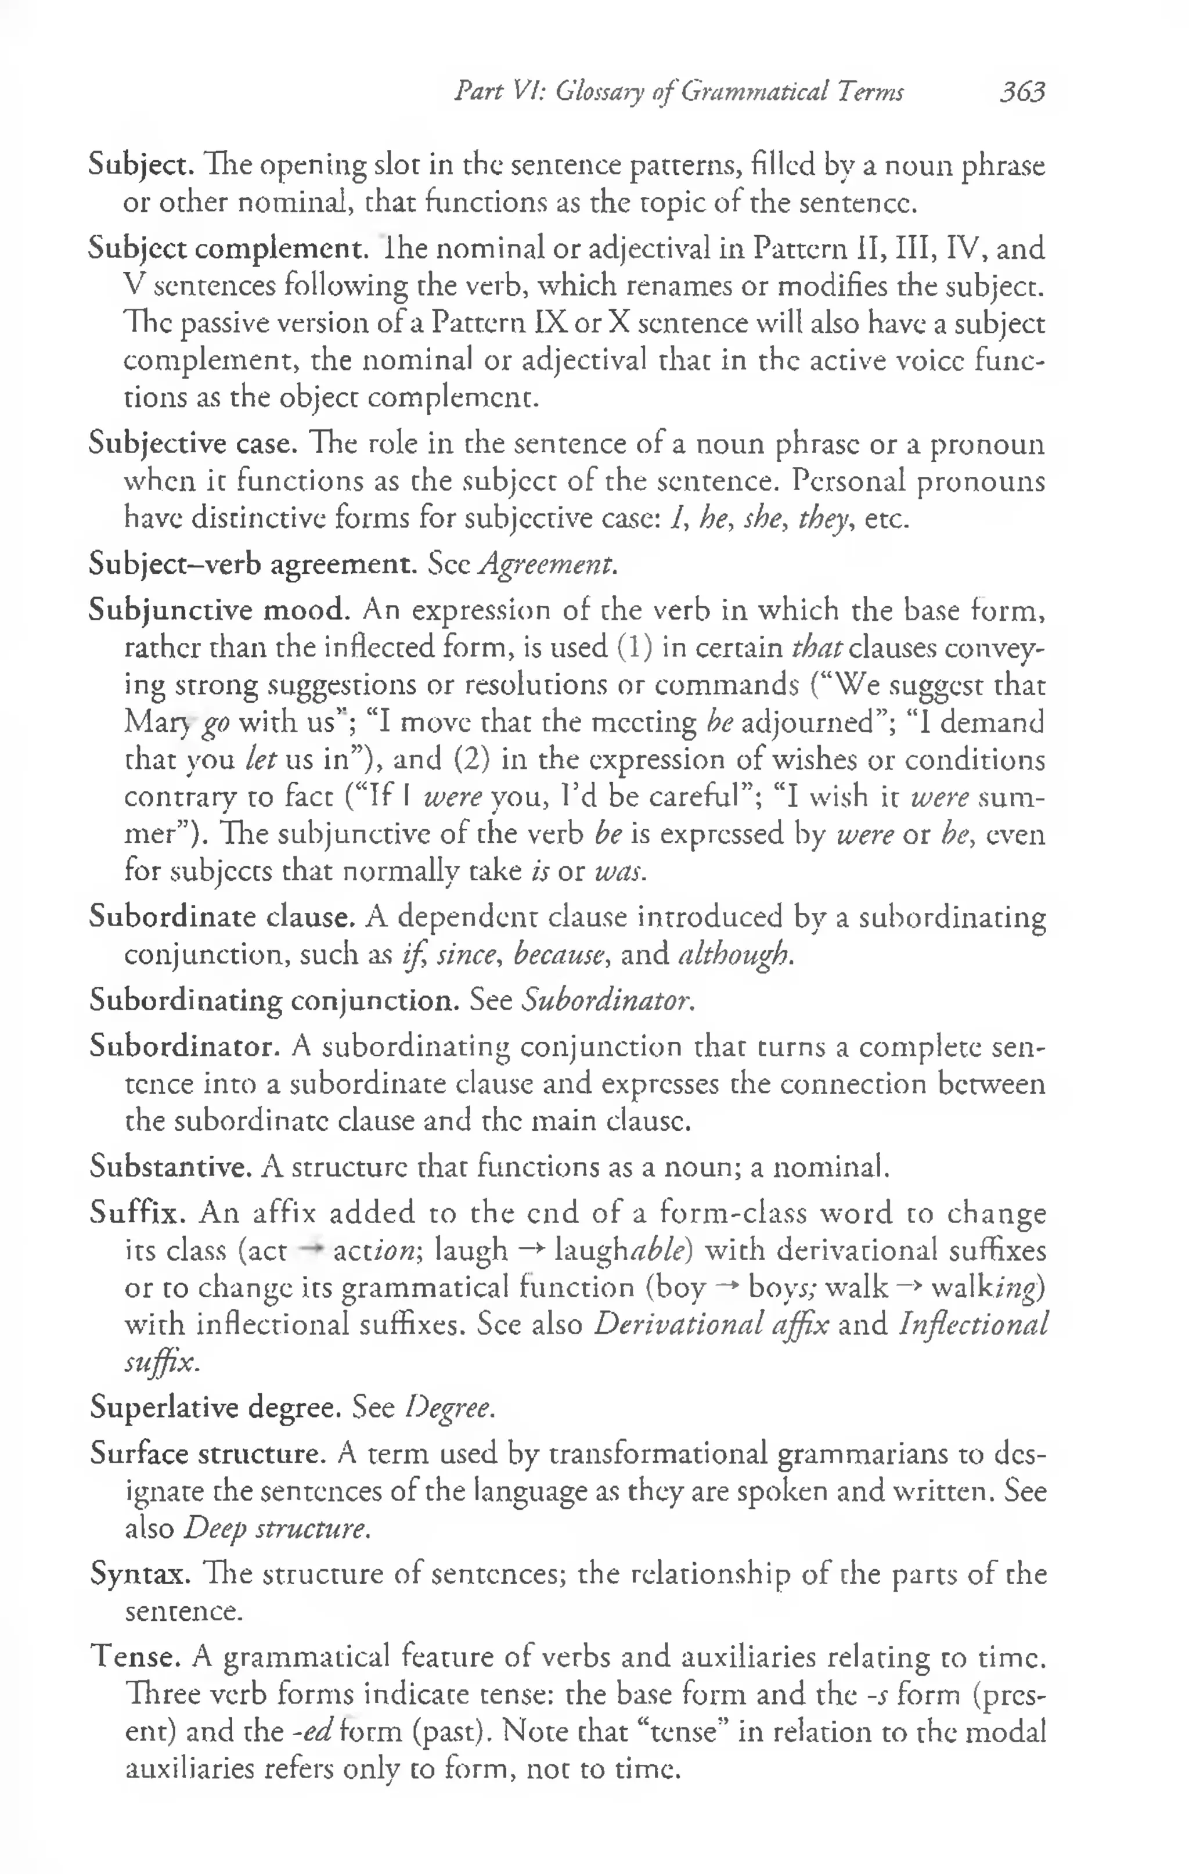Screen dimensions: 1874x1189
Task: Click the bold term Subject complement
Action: point(227,249)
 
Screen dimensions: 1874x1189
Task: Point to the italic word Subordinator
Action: point(607,1000)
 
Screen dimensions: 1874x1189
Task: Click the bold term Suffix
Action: point(137,1213)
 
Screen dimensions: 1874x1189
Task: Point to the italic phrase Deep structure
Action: point(275,1528)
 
